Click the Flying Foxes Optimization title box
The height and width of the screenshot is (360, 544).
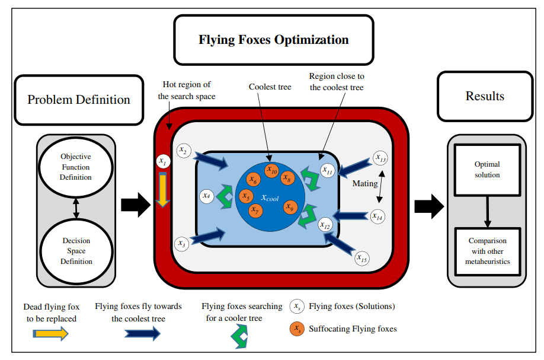(x=273, y=40)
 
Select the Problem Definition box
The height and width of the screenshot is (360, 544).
(x=79, y=100)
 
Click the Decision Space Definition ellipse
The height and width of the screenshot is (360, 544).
(x=76, y=251)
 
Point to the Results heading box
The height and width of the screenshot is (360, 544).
(x=485, y=96)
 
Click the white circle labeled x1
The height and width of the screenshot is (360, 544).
(x=162, y=161)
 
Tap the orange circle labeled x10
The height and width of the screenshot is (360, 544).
(x=271, y=171)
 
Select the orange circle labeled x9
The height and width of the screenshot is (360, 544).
(x=289, y=206)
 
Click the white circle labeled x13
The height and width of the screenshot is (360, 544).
(x=380, y=159)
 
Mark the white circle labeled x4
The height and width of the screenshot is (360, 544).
(x=206, y=195)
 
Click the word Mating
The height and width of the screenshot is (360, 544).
(x=365, y=183)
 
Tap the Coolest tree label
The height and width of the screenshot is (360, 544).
(x=270, y=87)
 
